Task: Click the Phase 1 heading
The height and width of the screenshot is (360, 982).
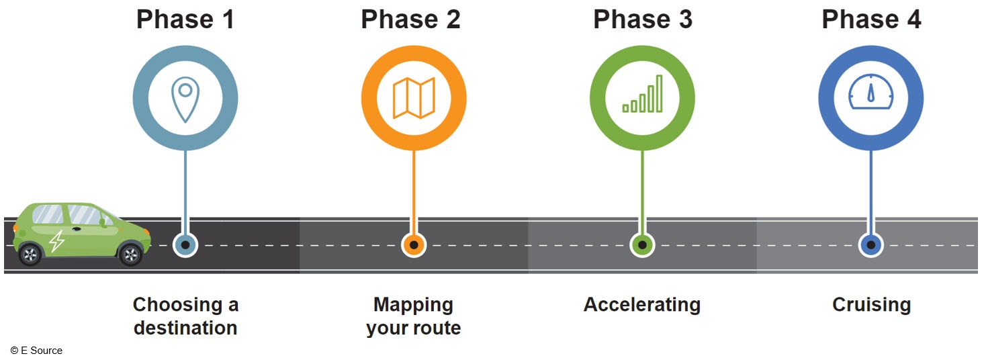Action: (x=185, y=19)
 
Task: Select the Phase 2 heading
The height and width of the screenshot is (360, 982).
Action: (x=410, y=19)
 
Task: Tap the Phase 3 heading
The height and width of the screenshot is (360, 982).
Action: (x=642, y=19)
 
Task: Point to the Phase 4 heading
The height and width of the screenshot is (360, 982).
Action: (x=871, y=19)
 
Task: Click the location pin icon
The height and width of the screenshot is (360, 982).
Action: (x=185, y=99)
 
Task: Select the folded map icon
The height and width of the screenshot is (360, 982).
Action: (x=414, y=98)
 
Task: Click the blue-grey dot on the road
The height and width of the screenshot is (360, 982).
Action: (x=185, y=245)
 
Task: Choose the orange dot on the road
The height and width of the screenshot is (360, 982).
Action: (x=414, y=245)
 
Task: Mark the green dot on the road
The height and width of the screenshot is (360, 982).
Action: (x=643, y=245)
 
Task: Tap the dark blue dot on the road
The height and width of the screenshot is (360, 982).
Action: (x=871, y=245)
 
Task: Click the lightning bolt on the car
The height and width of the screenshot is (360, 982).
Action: (x=57, y=241)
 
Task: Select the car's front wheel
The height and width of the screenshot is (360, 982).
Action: (x=130, y=254)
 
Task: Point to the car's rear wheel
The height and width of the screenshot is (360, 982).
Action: (x=30, y=255)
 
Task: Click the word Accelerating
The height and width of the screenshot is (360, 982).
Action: (x=642, y=305)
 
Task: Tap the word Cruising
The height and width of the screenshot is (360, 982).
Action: (x=871, y=305)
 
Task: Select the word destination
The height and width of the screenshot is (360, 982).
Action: (x=185, y=328)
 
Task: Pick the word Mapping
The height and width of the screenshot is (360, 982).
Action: (x=414, y=305)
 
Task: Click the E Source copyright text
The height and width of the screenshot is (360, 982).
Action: (x=37, y=351)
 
